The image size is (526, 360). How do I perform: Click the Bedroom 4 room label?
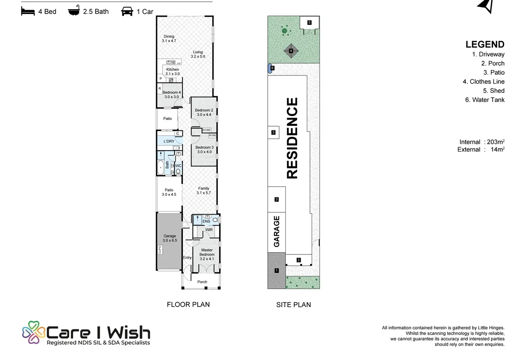[171, 95]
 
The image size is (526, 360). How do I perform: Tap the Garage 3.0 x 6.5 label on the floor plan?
[170, 238]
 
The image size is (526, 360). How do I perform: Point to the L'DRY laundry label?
[169, 141]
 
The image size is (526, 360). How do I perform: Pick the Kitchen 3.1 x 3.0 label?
[173, 71]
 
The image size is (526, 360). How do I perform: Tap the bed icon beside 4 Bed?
[28, 11]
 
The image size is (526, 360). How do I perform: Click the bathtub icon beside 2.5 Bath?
[74, 11]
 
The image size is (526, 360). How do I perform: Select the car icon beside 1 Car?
[127, 11]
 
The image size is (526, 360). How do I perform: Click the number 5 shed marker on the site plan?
[309, 22]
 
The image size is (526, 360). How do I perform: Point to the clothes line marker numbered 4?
[291, 51]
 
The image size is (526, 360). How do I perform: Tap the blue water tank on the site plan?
[270, 68]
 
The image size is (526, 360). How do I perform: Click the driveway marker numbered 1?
[277, 271]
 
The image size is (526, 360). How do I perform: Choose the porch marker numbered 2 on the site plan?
[299, 260]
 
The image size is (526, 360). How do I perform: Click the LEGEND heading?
[485, 44]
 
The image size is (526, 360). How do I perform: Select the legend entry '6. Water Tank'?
[485, 100]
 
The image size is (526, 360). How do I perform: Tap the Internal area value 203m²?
[496, 142]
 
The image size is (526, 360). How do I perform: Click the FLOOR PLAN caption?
[188, 304]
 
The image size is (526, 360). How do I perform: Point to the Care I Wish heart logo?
[33, 332]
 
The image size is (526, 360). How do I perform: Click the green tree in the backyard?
[284, 31]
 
